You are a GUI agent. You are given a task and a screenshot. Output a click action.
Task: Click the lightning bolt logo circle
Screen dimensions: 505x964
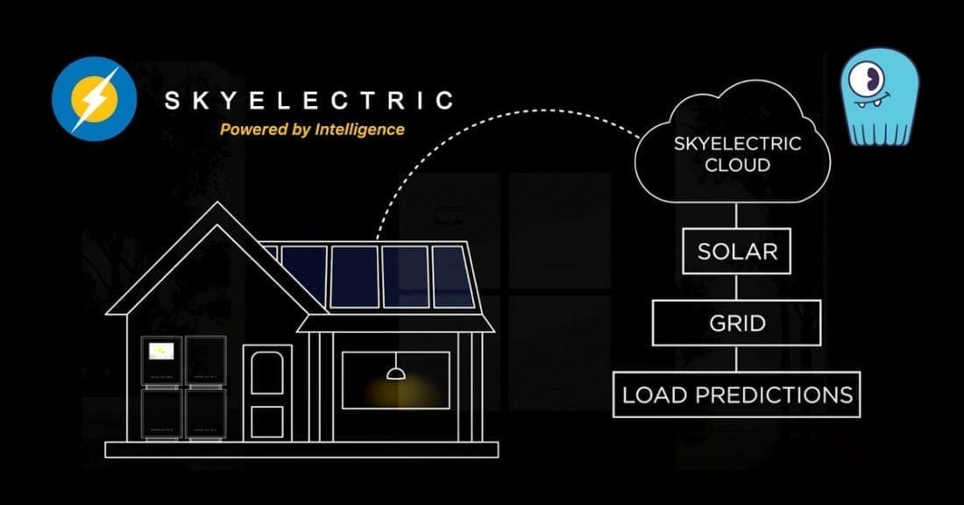[x=94, y=98]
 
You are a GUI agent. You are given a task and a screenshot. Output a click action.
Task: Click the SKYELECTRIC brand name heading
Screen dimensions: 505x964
[x=309, y=100]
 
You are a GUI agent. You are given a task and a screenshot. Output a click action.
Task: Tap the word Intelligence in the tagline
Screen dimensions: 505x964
[x=363, y=130]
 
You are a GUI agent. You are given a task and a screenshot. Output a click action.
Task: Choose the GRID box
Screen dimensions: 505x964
[x=736, y=323]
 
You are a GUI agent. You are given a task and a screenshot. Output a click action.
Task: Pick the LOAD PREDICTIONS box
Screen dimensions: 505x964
[x=736, y=394]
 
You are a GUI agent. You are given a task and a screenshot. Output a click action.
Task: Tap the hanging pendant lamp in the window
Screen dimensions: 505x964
[x=395, y=373]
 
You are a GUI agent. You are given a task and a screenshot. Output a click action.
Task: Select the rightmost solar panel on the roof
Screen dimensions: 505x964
[x=453, y=276]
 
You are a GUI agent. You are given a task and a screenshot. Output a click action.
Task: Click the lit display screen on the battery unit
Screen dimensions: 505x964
[x=160, y=352]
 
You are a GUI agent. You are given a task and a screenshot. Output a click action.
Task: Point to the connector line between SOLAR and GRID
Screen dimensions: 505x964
[x=736, y=288]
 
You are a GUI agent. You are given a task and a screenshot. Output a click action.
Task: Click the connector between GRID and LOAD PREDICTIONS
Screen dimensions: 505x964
[x=736, y=359]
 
